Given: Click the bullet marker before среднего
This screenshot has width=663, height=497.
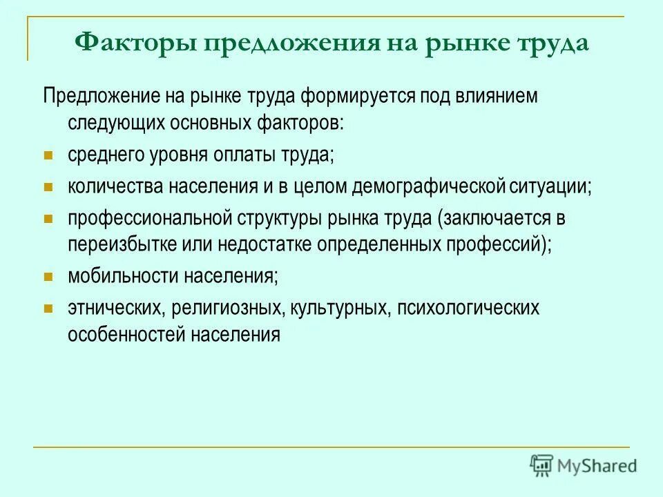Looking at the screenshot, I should coord(48,155).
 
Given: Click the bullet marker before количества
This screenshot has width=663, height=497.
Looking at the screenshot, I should coord(48,187).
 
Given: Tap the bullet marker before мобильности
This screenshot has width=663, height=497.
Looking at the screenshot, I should coord(48,277).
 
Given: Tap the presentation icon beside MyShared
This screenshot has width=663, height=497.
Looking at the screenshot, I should coord(541,465).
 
